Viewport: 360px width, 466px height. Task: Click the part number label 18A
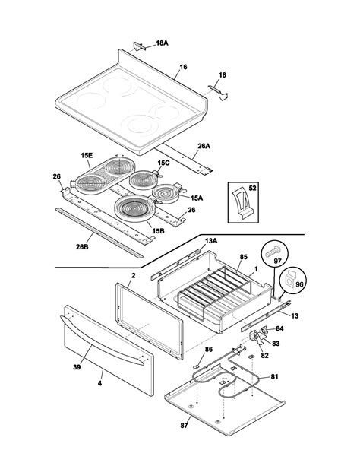163,45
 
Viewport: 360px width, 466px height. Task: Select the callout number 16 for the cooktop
182,68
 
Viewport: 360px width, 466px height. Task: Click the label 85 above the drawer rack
243,257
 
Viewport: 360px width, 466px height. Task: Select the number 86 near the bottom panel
209,349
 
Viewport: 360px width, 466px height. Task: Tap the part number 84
279,328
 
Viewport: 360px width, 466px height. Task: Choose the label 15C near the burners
164,163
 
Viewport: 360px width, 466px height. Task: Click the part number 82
264,355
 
